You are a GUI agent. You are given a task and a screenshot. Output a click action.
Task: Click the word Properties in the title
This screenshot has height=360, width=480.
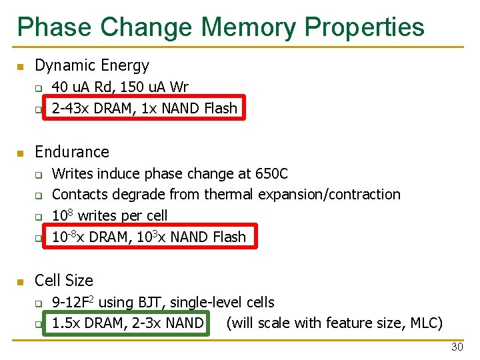tap(365, 28)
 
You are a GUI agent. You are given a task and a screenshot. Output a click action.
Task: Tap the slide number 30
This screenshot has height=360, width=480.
tap(457, 347)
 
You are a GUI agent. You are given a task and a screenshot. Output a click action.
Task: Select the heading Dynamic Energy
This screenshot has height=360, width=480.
tap(92, 65)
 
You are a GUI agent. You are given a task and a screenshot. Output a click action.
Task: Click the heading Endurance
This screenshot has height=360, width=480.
tap(72, 151)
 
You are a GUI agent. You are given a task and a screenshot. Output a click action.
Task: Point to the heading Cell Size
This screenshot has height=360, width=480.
tap(64, 280)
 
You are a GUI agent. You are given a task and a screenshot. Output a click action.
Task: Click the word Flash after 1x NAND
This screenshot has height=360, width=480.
tap(221, 108)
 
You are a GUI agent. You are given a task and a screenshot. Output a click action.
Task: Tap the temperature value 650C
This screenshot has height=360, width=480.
tap(271, 173)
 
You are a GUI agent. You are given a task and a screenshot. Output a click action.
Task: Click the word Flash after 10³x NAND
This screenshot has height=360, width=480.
tap(229, 237)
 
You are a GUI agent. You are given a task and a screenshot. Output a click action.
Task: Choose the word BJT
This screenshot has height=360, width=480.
tap(154, 302)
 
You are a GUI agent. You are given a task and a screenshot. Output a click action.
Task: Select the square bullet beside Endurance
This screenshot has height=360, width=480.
tap(21, 153)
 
